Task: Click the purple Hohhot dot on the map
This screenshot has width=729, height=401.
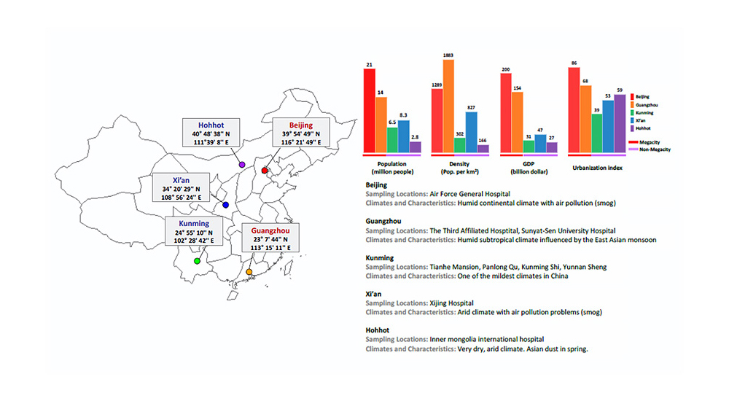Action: point(242,165)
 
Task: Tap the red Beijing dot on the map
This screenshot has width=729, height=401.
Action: point(265,171)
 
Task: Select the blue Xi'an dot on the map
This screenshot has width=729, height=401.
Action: point(225,205)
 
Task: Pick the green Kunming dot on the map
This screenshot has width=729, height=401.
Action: point(197,261)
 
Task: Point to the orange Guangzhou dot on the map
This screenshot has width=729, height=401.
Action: point(249,272)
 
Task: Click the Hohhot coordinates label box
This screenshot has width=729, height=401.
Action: point(211,133)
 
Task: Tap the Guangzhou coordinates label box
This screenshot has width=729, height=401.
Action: point(270,238)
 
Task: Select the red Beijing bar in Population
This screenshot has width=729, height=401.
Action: point(369,111)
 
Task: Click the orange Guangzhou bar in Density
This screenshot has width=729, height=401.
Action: point(448,106)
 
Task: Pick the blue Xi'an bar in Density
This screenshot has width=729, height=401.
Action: point(471,132)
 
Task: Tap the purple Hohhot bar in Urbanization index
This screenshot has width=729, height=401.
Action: point(620,124)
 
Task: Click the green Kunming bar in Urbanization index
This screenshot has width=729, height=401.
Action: point(597,133)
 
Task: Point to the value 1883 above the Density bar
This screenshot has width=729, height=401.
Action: point(448,55)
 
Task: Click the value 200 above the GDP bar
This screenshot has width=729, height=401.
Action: point(505,70)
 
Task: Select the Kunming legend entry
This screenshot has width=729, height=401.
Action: point(642,112)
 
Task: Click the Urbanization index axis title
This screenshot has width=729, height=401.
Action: point(598,168)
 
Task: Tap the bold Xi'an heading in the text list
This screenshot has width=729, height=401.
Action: point(373,294)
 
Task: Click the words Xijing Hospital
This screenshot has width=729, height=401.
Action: point(451,303)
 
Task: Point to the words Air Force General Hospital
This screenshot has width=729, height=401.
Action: point(469,194)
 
